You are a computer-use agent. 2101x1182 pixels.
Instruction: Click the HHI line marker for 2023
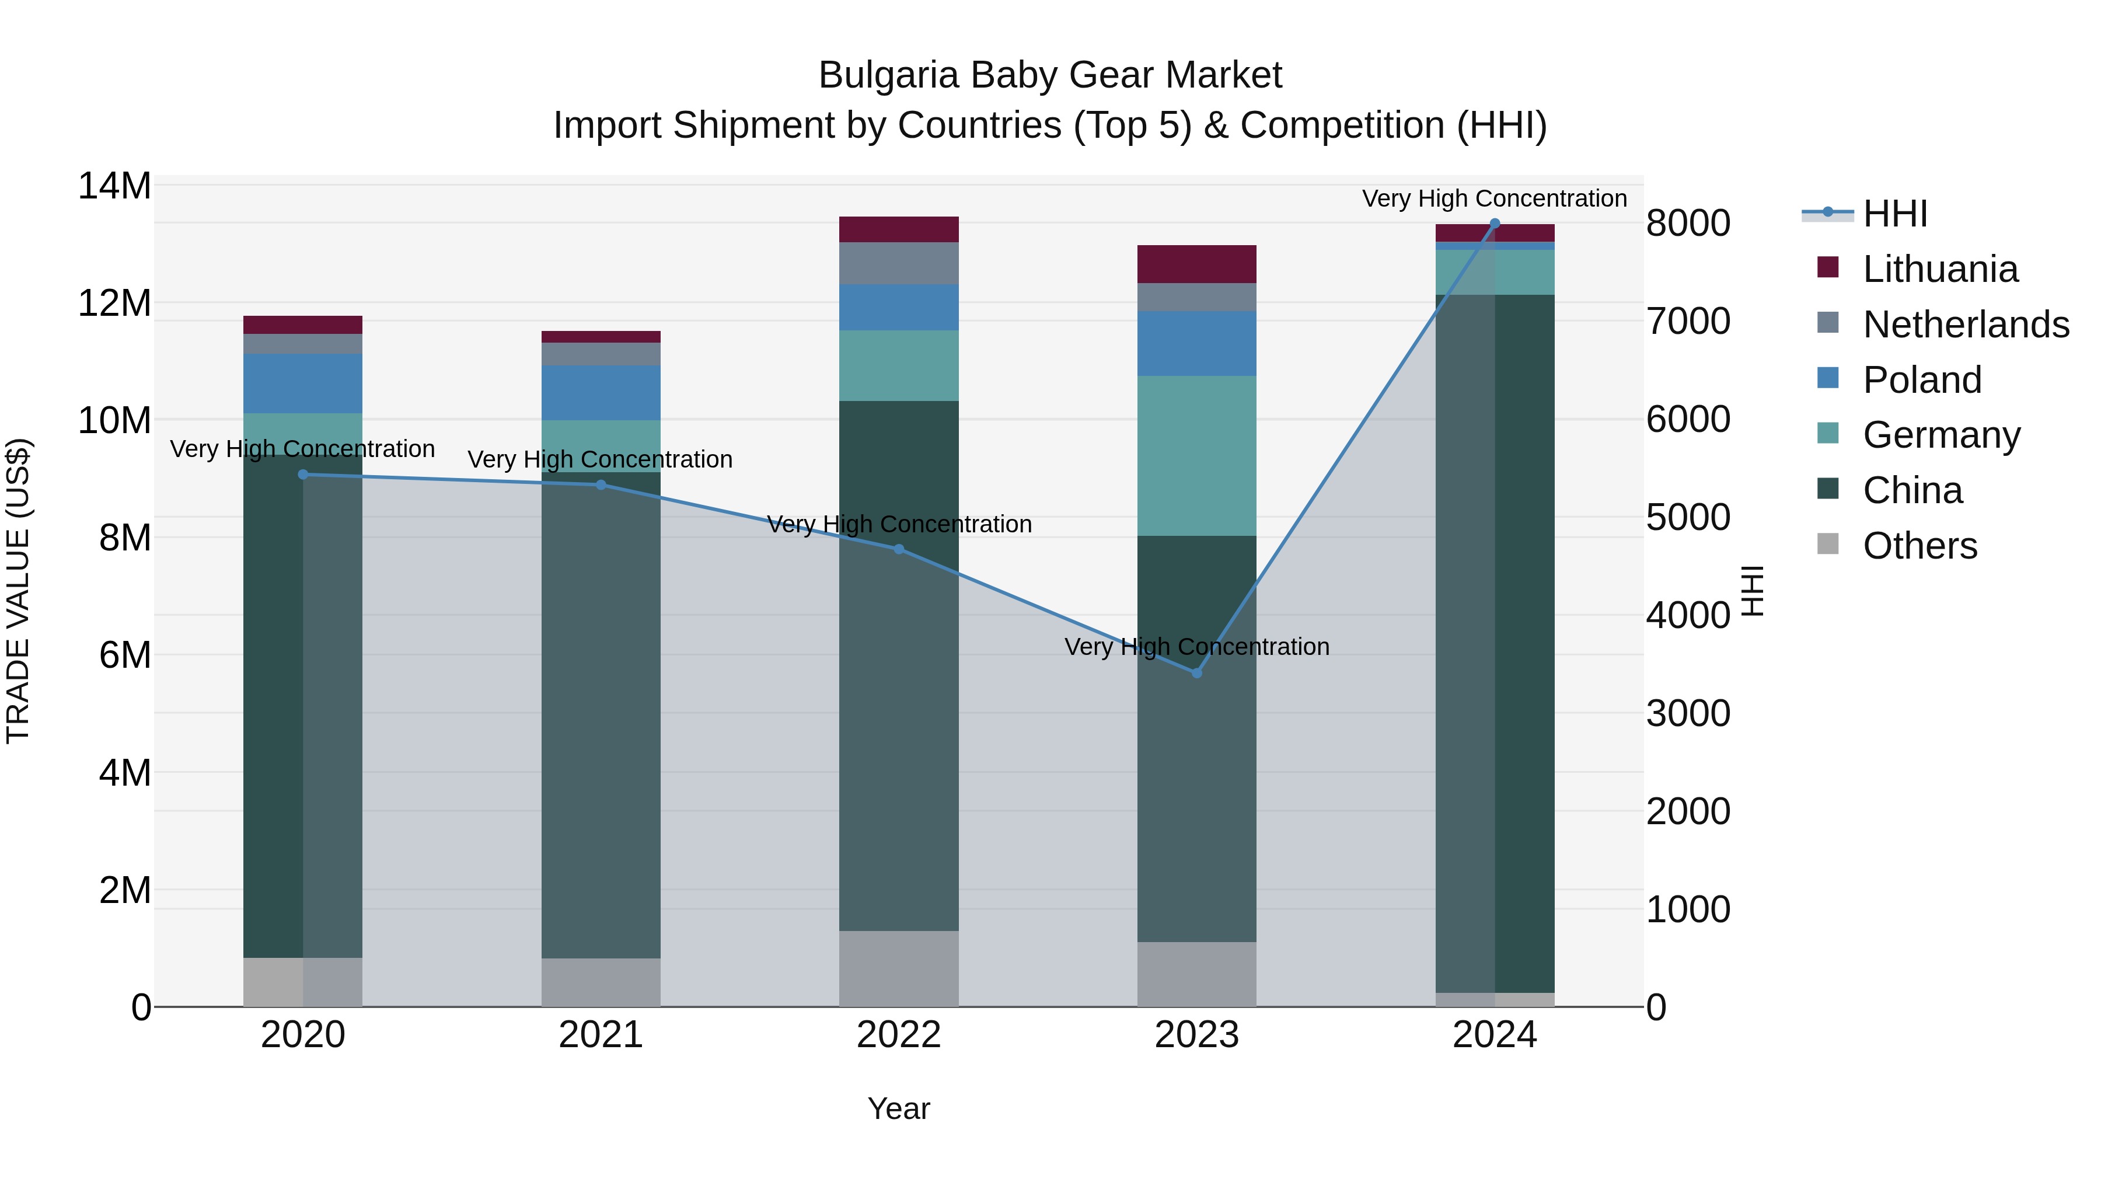(x=1196, y=673)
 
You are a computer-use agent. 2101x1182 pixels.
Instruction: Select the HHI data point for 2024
(x=1494, y=223)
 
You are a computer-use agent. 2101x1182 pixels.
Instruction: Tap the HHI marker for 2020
(x=302, y=474)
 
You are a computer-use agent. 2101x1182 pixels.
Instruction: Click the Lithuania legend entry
(x=1939, y=269)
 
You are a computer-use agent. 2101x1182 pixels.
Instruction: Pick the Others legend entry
(x=1919, y=546)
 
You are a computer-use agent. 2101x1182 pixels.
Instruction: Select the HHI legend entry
(x=1894, y=214)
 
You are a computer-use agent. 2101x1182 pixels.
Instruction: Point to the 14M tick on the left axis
(x=114, y=186)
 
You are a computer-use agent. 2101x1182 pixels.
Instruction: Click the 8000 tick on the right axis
(x=1687, y=224)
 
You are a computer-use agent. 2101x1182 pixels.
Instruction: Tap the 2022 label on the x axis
(x=899, y=1035)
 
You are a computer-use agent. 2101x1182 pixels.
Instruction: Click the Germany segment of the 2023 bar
(x=1196, y=455)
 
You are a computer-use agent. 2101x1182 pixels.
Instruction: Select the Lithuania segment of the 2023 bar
(x=1196, y=263)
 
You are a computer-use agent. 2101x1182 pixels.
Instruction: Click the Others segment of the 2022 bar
(x=899, y=968)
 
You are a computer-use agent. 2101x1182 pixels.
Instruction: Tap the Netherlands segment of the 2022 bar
(x=899, y=263)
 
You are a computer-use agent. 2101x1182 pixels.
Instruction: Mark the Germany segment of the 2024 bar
(x=1494, y=271)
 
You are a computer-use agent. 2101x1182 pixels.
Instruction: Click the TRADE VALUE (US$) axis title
(x=18, y=591)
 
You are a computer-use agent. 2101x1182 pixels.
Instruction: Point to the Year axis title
(x=899, y=1108)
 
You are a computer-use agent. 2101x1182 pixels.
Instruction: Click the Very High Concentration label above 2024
(x=1493, y=198)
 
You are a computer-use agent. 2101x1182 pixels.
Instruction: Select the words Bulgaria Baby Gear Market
(x=1050, y=75)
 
